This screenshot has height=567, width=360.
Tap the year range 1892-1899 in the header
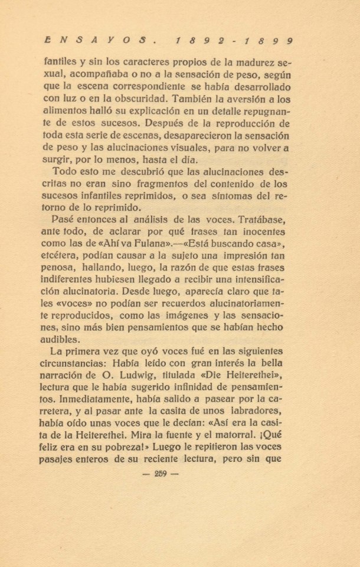(x=235, y=41)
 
